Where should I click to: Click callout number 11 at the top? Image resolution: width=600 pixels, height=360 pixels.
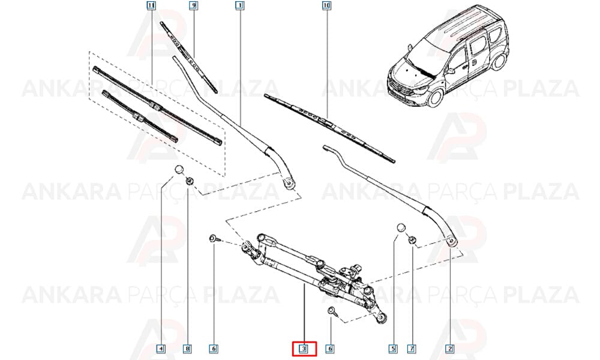[x=151, y=5]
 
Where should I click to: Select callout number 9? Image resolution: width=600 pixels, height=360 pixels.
[x=194, y=5]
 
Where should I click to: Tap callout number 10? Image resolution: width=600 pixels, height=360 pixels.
[x=326, y=5]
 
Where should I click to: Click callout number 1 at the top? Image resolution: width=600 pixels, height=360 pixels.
[x=240, y=5]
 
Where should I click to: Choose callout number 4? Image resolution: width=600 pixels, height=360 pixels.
[x=161, y=349]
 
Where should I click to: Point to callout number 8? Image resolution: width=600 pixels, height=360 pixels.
[x=187, y=349]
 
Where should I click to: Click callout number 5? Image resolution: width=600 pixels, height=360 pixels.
[x=393, y=349]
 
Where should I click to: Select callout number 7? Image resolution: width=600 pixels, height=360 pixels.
[x=412, y=349]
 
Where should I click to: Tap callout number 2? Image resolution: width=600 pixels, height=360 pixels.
[x=450, y=349]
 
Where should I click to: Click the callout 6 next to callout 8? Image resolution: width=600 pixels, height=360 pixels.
[x=214, y=349]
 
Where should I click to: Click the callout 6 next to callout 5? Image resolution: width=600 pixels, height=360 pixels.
[x=330, y=349]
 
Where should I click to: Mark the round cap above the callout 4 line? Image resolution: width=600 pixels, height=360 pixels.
[x=179, y=169]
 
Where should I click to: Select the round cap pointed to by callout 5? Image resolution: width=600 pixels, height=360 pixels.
[x=400, y=227]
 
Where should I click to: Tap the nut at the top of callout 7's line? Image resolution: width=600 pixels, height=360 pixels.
[x=412, y=240]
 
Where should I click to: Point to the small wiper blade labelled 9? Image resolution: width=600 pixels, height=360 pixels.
[x=188, y=57]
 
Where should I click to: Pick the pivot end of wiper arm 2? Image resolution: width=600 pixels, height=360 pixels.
[x=452, y=240]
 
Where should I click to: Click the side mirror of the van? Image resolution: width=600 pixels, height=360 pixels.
[x=449, y=71]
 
